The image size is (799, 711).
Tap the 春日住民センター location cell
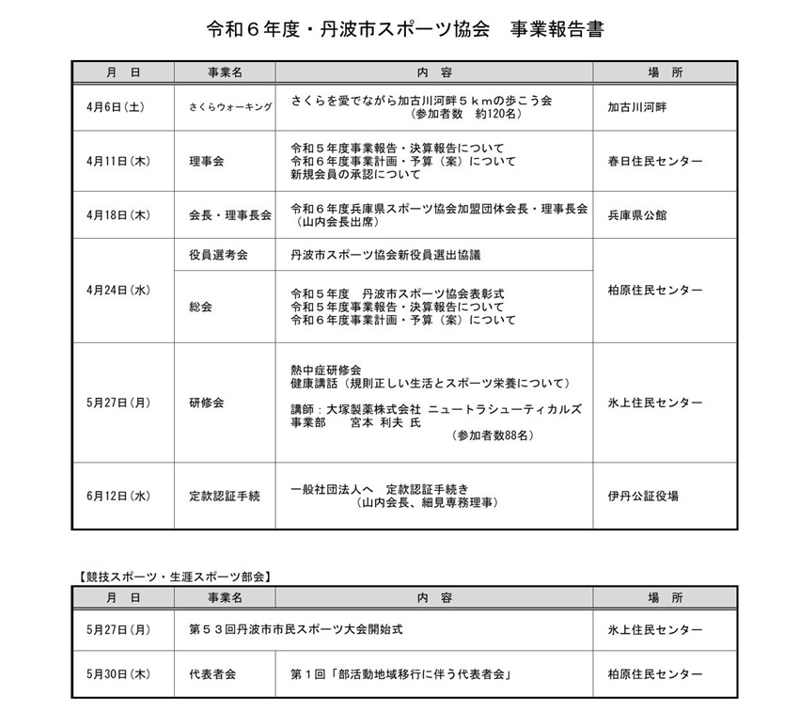click(654, 162)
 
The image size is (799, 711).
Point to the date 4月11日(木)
click(117, 162)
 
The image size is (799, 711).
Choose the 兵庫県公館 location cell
click(639, 215)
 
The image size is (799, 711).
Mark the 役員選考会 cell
click(218, 255)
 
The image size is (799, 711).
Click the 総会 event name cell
click(200, 307)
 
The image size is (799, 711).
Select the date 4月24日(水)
click(117, 290)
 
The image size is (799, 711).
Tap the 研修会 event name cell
click(206, 403)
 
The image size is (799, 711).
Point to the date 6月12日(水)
click(117, 496)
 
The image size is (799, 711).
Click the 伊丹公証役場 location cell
click(643, 496)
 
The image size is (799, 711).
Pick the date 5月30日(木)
click(117, 674)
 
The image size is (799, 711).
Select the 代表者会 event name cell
click(211, 674)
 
